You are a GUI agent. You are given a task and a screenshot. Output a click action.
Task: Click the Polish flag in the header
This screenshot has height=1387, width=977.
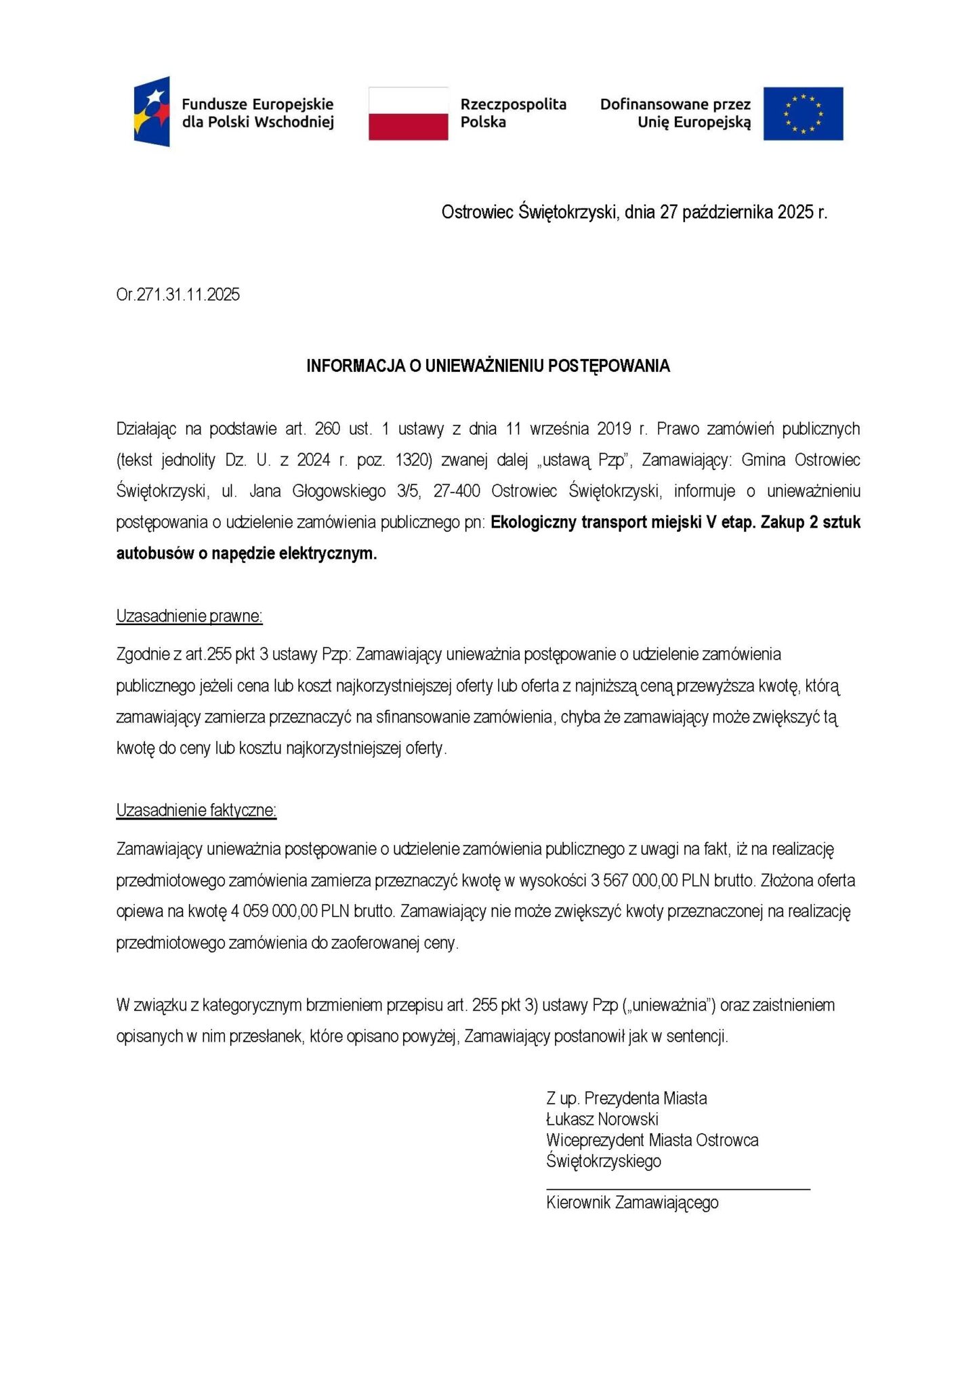point(408,113)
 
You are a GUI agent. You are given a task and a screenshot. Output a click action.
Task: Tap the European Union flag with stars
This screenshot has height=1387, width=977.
point(803,113)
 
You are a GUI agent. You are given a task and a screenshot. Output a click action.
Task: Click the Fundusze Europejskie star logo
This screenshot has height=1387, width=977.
point(152,112)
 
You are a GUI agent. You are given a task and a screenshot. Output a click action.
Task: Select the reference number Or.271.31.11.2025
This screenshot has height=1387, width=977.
point(178,295)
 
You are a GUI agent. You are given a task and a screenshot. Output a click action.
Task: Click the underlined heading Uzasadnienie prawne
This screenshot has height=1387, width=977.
point(189,616)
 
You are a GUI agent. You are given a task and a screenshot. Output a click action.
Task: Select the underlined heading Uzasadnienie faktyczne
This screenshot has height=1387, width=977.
point(196,811)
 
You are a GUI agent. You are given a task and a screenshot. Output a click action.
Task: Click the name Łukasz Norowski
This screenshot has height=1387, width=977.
point(602,1119)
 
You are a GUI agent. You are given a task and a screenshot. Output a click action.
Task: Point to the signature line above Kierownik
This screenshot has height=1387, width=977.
point(678,1189)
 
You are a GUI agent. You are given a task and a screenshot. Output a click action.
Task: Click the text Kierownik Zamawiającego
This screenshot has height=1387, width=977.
point(632,1203)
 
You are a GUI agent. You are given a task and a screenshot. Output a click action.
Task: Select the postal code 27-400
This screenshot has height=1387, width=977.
point(457,491)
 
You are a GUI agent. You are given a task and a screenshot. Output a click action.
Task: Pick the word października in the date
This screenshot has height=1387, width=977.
point(727,213)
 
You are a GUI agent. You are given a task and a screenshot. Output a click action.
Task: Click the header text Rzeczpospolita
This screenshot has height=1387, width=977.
point(513,104)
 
